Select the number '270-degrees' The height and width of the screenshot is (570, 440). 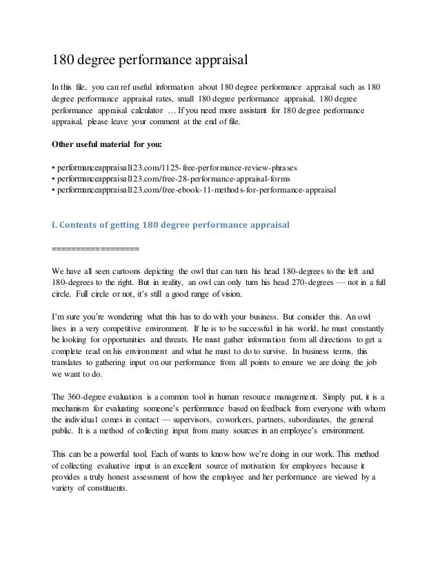coord(301,282)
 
